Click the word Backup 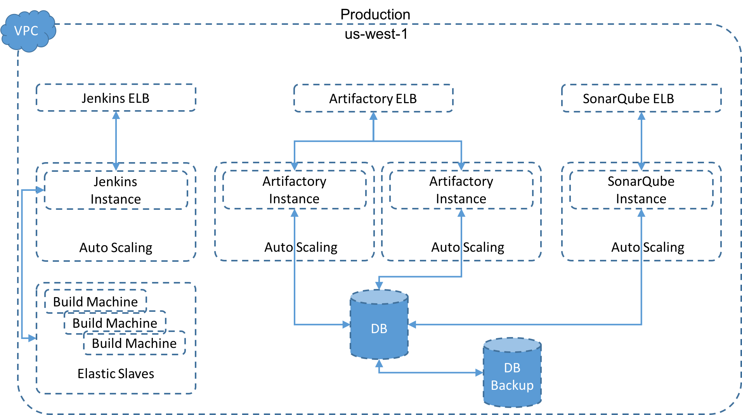(x=512, y=385)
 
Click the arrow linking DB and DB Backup (x=431, y=372)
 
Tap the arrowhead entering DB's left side (x=346, y=324)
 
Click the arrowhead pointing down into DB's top (x=379, y=285)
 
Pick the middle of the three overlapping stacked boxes (x=115, y=322)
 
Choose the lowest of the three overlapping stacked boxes (x=135, y=343)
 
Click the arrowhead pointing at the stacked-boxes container (x=32, y=338)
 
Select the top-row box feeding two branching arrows (x=373, y=98)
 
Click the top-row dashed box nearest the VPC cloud (x=116, y=97)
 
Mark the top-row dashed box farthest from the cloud (x=641, y=98)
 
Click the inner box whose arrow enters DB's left (x=294, y=190)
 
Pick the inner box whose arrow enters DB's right (x=641, y=190)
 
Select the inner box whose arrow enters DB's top (x=461, y=190)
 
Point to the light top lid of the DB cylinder (x=379, y=297)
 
